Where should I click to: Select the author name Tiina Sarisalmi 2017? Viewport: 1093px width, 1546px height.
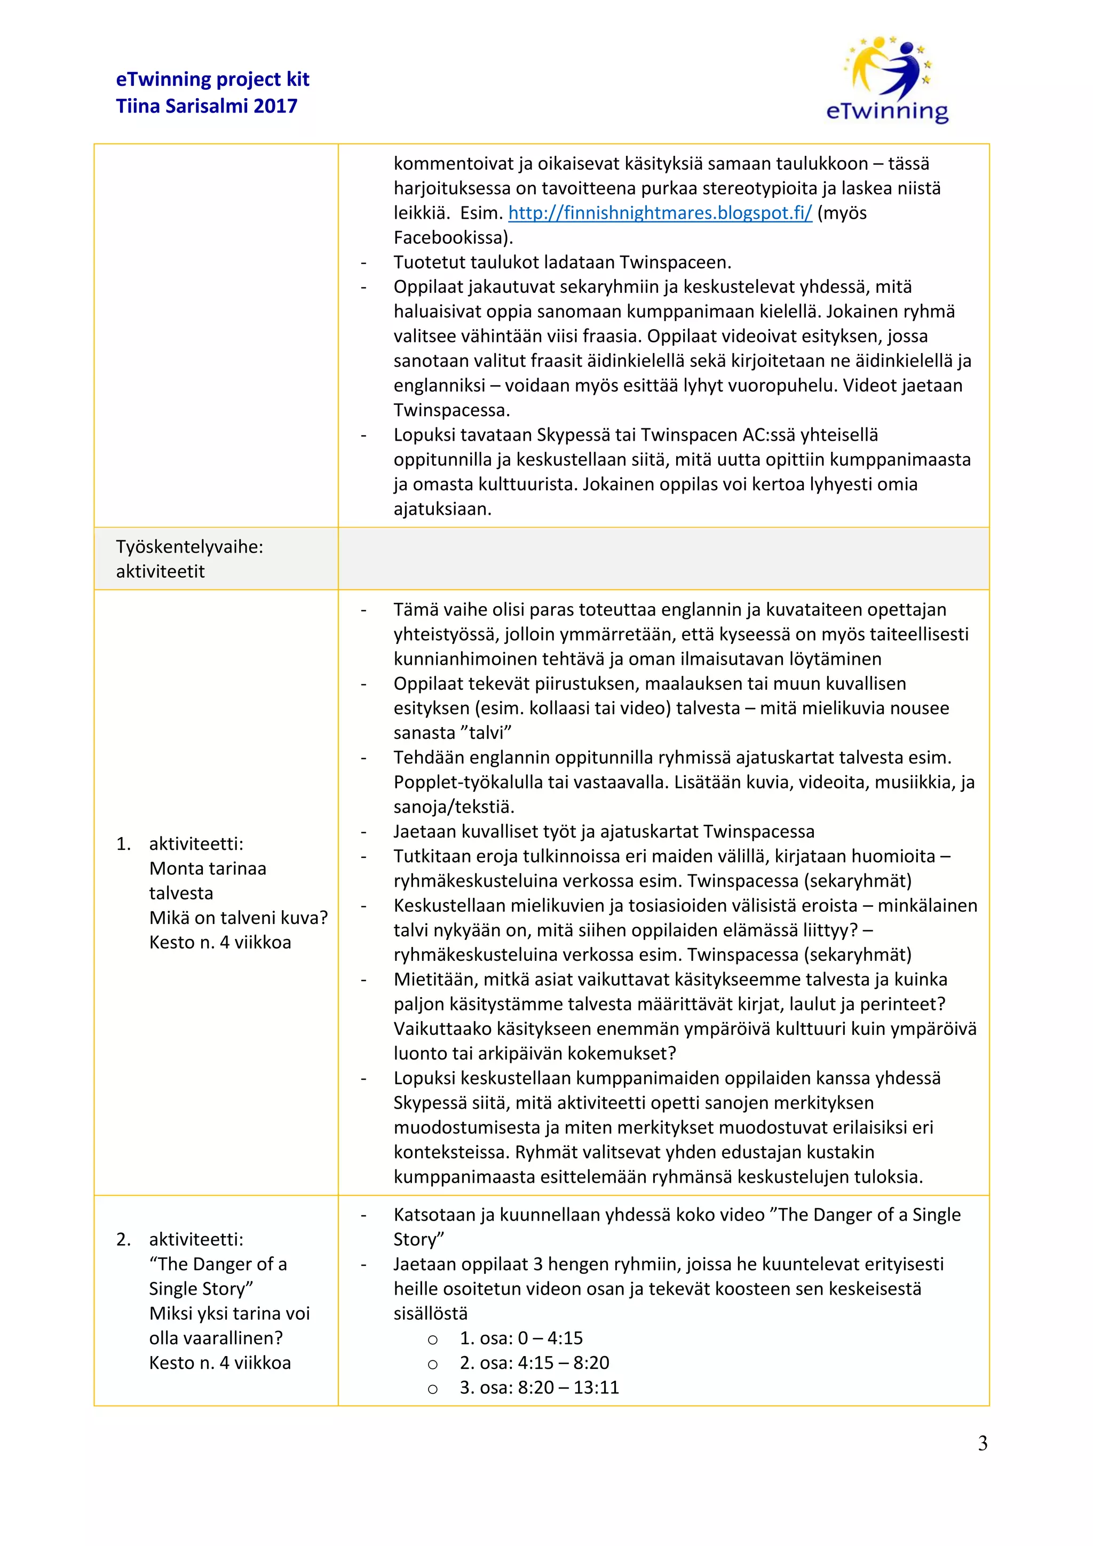point(206,106)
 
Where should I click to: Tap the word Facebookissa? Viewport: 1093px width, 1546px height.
point(453,238)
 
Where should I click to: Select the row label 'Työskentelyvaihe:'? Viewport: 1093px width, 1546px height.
point(189,547)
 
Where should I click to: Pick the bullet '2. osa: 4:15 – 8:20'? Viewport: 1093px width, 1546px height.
point(534,1362)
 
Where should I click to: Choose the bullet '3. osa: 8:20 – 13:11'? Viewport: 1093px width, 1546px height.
point(538,1387)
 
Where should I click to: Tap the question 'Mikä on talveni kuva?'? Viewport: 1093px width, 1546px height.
point(239,918)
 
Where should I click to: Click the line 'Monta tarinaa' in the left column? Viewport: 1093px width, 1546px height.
point(208,868)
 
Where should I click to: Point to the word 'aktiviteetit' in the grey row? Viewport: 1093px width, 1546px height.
point(160,572)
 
